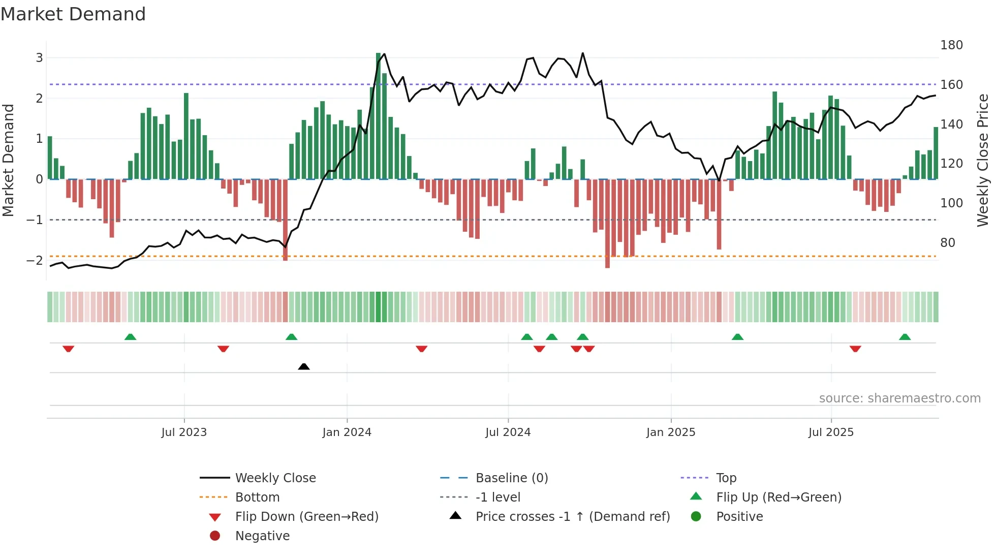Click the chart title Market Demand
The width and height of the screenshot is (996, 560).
(73, 14)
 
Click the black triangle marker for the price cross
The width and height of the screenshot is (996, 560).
(304, 366)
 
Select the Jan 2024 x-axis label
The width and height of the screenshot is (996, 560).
(347, 432)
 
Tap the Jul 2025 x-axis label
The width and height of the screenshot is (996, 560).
(831, 432)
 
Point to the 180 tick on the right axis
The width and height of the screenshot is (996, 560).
(951, 45)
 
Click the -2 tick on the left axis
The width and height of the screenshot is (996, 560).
(35, 261)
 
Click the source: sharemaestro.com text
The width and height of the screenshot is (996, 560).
(899, 398)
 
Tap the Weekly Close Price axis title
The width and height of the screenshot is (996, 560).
(983, 160)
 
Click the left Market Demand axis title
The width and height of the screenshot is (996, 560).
(9, 160)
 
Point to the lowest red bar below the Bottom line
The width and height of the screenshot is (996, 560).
(607, 224)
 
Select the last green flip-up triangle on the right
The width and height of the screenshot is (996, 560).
(905, 337)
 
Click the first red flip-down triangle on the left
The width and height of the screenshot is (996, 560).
(69, 349)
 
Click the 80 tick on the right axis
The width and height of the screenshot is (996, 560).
(947, 243)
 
